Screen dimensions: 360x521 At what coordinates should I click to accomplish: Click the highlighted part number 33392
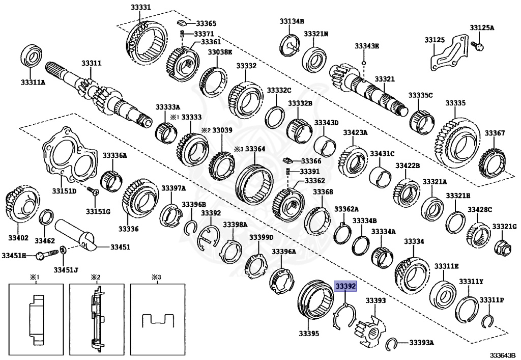345,287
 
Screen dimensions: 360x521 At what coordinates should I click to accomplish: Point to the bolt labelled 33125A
478,45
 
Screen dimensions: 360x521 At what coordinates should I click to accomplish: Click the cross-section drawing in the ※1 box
36,319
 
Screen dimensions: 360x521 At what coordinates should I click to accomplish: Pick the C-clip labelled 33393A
391,345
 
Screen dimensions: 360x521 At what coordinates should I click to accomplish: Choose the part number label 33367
494,133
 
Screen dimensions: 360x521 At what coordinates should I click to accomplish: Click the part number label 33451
120,247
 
